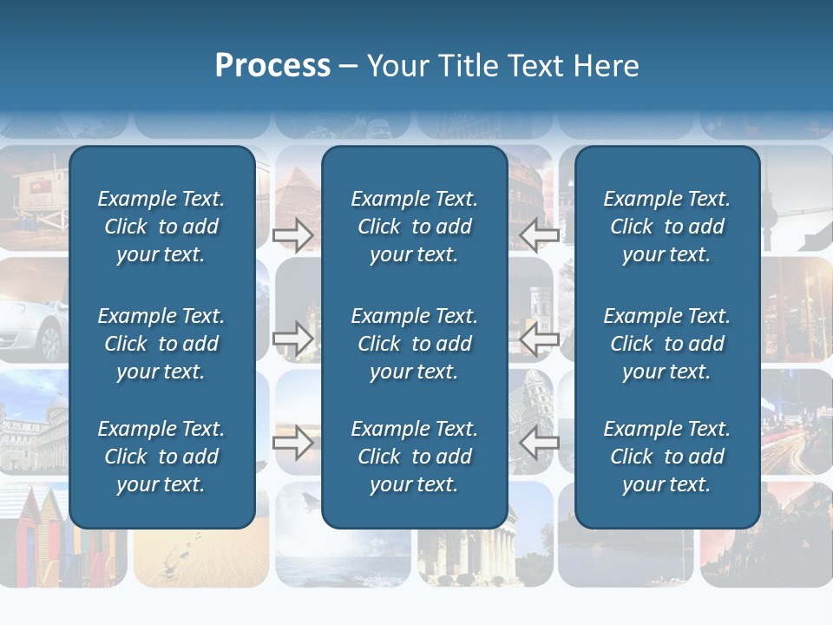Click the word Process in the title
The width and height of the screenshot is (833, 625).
[x=272, y=66]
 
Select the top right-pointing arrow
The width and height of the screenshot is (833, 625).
[x=293, y=234]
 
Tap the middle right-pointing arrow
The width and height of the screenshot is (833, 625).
[x=293, y=339]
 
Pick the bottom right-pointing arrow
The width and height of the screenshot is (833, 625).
[x=293, y=443]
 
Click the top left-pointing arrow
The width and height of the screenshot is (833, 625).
[x=540, y=234]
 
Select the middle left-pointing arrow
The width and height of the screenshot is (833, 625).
[x=540, y=339]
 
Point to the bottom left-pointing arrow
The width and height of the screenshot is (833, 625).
[x=540, y=443]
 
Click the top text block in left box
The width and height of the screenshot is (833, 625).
[x=161, y=227]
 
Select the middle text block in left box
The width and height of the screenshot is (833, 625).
[x=161, y=344]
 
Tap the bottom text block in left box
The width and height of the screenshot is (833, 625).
[x=161, y=457]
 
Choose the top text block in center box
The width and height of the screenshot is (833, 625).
[x=415, y=227]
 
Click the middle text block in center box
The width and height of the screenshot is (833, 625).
[x=415, y=344]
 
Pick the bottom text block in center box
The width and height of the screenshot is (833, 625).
[x=415, y=457]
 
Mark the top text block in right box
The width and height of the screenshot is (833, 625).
[x=667, y=227]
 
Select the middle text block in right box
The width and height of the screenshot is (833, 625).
[x=667, y=344]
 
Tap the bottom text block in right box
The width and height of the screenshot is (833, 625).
[x=667, y=457]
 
